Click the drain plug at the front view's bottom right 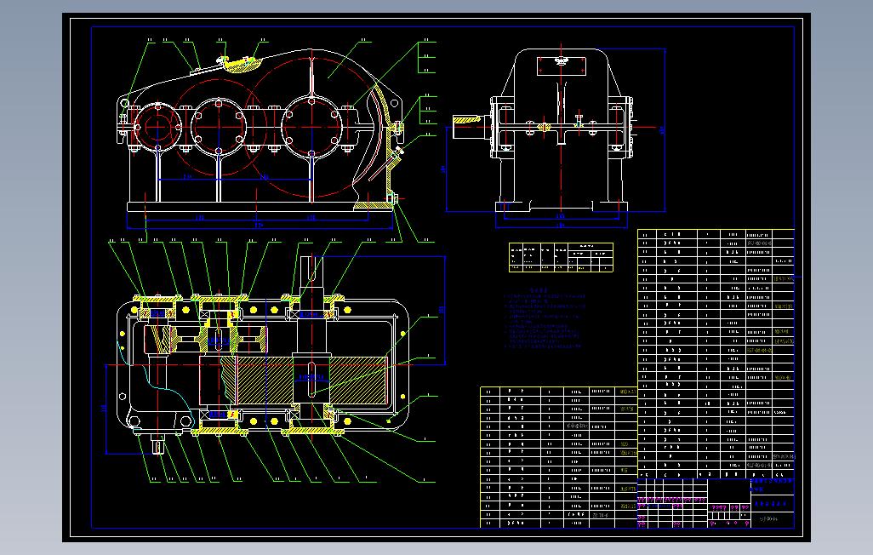coord(394,200)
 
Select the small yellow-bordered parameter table coord(561,257)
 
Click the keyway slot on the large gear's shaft coord(312,380)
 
